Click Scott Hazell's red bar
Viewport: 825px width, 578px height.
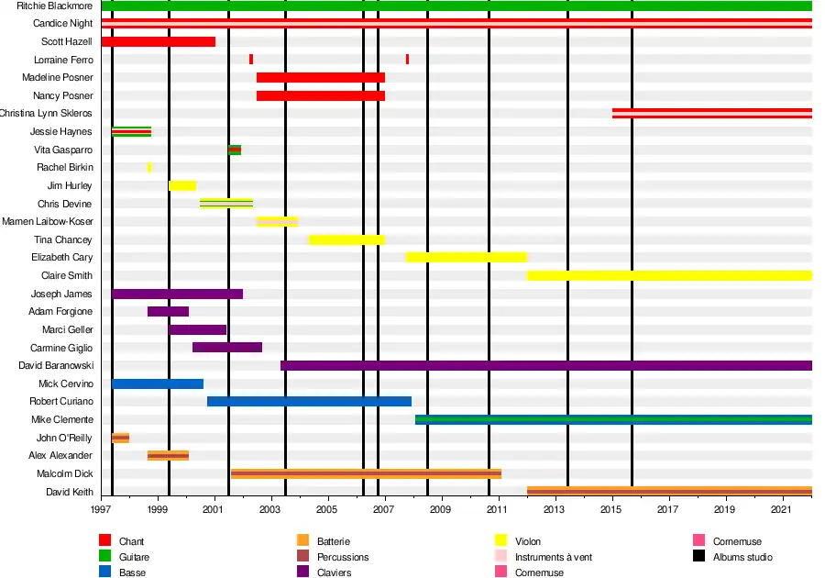[x=158, y=41]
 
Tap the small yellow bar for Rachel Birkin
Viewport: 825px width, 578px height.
[x=149, y=168]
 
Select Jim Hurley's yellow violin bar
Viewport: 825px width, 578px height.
[x=181, y=185]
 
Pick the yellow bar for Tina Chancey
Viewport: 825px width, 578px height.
[x=346, y=239]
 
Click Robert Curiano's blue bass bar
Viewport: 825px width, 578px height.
[x=309, y=401]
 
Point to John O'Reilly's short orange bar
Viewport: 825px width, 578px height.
[x=120, y=438]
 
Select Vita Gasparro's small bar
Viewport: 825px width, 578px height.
[x=235, y=150]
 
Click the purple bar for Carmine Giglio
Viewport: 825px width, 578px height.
[x=227, y=348]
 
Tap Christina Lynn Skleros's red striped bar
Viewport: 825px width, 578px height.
[x=711, y=114]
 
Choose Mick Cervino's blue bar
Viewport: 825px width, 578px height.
[x=158, y=383]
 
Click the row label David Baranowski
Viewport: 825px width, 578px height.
[x=56, y=365]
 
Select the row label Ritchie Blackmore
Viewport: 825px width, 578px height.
[x=55, y=6]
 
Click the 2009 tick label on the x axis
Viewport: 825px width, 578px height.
[x=441, y=509]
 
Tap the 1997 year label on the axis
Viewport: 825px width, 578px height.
[x=101, y=509]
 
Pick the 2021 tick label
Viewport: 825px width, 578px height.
[x=781, y=509]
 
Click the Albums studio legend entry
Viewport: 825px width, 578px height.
[x=742, y=557]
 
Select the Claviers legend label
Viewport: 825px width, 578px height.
[x=334, y=572]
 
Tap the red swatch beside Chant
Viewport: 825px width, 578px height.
[x=104, y=541]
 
